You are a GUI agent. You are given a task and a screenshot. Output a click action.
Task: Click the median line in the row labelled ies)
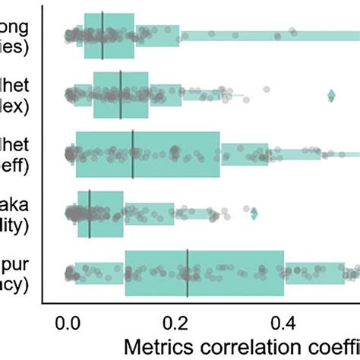(x=103, y=35)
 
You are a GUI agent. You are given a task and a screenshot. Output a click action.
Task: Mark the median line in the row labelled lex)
(x=121, y=95)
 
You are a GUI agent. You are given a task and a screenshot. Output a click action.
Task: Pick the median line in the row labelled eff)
(x=133, y=155)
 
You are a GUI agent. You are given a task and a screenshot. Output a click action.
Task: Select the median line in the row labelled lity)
(x=90, y=214)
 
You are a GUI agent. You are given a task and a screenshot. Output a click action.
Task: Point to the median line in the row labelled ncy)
(x=188, y=273)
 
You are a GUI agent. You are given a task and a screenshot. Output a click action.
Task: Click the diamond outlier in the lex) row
(x=331, y=95)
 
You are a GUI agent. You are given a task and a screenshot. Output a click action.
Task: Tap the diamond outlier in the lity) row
(x=254, y=214)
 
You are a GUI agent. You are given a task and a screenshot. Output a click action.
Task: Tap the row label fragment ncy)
(x=14, y=284)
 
